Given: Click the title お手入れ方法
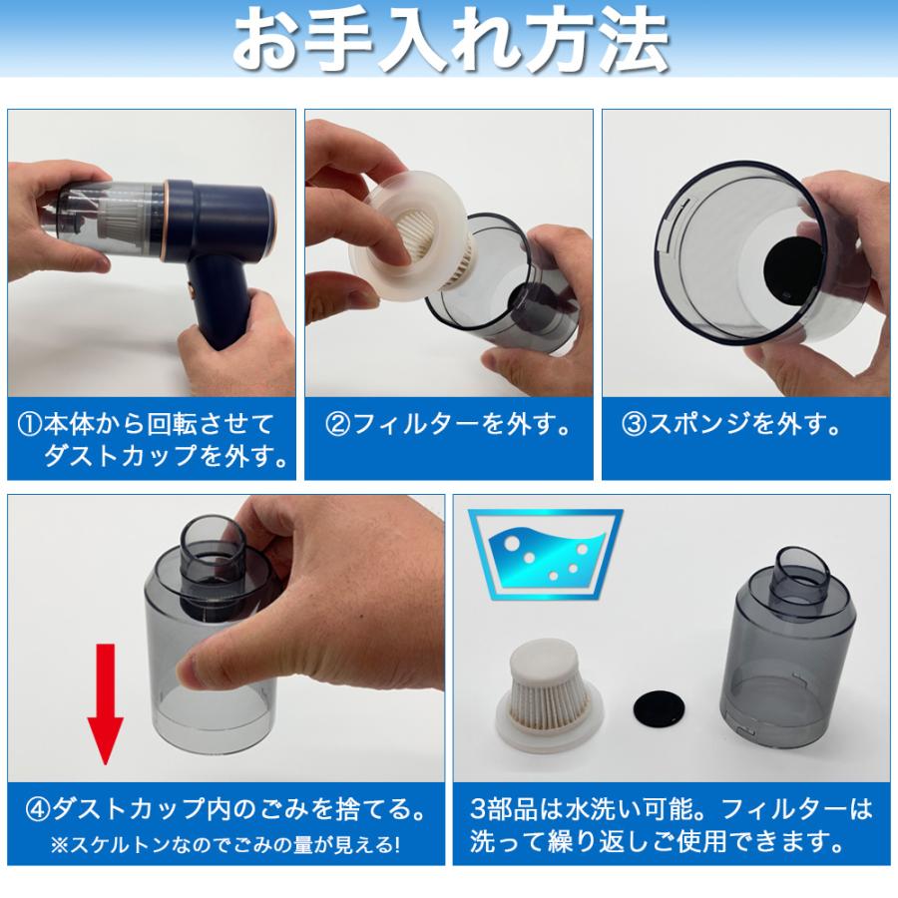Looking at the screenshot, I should pyautogui.click(x=449, y=40).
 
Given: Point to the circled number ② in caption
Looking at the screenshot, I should pyautogui.click(x=338, y=425).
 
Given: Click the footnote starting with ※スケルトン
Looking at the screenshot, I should pyautogui.click(x=224, y=844).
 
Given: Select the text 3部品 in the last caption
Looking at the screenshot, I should pyautogui.click(x=505, y=806).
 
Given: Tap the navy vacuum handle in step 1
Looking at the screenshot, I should pyautogui.click(x=224, y=309).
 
